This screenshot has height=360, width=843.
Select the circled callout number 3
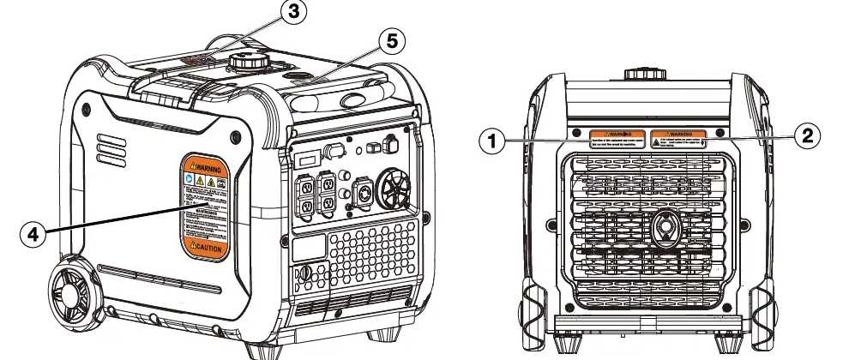(294, 12)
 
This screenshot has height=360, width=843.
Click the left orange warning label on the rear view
(617, 138)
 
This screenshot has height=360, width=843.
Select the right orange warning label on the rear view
(677, 138)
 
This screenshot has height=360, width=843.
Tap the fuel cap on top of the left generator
(249, 65)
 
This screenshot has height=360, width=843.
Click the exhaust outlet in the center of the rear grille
(664, 229)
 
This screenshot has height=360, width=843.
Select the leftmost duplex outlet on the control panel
(304, 194)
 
